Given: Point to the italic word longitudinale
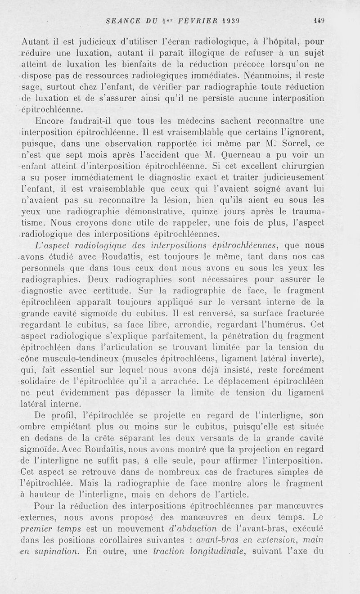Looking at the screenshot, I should pos(209,550).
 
